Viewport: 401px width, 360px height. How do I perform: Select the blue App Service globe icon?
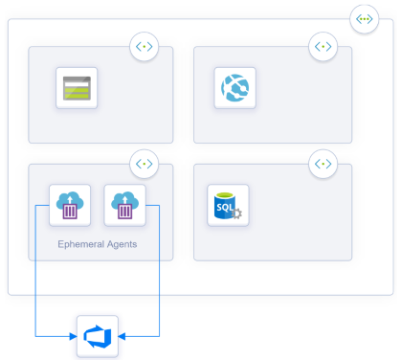tap(234, 89)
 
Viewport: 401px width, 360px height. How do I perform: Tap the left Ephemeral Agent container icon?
tap(69, 206)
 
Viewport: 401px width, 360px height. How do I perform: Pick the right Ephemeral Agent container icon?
tap(124, 206)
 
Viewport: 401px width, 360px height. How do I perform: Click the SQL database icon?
tap(228, 205)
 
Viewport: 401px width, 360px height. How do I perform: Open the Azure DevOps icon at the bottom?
tap(97, 336)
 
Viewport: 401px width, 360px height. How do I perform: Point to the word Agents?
tap(121, 244)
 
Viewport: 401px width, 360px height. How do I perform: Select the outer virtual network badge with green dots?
tap(364, 18)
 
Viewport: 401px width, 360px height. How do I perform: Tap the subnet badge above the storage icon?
tap(144, 46)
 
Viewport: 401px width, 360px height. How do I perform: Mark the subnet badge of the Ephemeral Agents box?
tap(144, 164)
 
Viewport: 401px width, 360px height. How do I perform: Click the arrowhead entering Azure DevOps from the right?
tap(123, 336)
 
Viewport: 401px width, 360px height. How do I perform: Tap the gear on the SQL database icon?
tap(237, 214)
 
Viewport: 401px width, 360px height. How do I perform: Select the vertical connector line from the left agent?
tap(35, 278)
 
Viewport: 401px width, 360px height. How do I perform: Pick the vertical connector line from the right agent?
tap(158, 278)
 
